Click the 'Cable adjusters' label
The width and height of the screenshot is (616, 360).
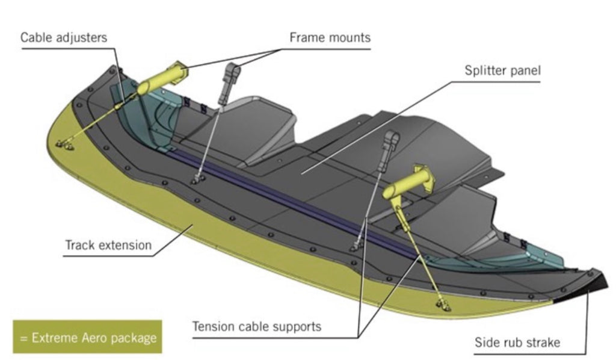(63, 37)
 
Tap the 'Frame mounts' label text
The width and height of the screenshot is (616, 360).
(330, 37)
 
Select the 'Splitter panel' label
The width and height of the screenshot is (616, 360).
(502, 71)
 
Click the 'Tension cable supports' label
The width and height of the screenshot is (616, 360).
(256, 327)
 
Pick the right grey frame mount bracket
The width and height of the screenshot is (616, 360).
(392, 143)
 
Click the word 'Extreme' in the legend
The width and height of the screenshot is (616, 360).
(54, 337)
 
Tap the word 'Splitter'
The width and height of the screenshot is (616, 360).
(485, 71)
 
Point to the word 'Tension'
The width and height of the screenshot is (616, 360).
(212, 327)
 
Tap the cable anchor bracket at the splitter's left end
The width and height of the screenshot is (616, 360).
(64, 144)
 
